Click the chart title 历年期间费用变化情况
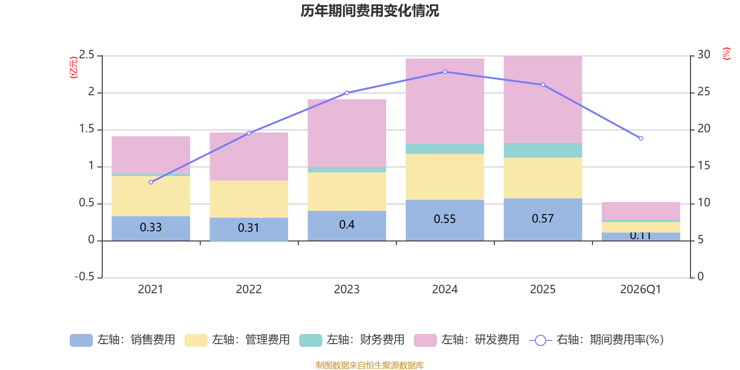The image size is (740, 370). click(370, 11)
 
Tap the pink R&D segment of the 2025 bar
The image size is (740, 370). click(543, 99)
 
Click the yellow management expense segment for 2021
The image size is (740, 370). click(151, 196)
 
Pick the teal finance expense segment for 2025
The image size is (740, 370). click(543, 150)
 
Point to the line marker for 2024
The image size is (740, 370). click(445, 72)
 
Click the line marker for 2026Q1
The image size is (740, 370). click(641, 138)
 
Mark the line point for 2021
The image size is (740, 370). click(151, 182)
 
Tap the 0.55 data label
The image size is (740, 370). click(444, 219)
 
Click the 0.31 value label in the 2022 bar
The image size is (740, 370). click(248, 228)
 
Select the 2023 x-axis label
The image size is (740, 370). click(346, 290)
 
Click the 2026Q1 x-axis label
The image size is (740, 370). click(641, 290)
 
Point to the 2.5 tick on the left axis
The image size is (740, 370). click(86, 55)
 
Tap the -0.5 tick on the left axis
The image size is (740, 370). click(84, 277)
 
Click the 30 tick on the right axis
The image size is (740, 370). click(703, 55)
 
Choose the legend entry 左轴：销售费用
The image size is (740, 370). click(123, 340)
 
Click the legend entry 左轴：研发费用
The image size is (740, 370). click(467, 340)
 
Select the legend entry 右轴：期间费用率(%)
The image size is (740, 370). click(597, 340)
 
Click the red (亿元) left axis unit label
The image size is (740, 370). click(73, 68)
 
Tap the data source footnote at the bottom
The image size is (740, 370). click(370, 365)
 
